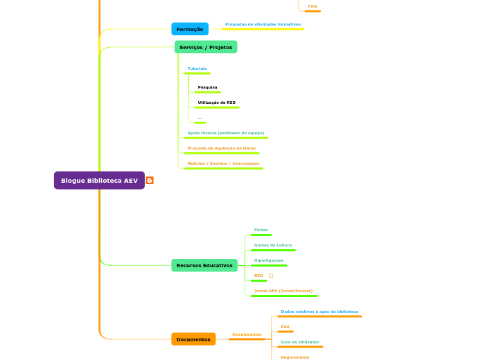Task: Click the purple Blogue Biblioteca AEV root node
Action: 99,181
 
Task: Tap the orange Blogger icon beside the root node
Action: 150,181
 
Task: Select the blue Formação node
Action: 190,29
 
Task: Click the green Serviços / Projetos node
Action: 205,47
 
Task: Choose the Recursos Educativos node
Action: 204,265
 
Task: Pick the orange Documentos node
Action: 193,339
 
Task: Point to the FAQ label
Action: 313,6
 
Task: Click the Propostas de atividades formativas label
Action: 263,24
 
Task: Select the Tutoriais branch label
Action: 197,69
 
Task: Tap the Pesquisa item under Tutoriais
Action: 207,87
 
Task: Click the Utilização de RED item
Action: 216,102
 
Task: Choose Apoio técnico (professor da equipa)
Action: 226,133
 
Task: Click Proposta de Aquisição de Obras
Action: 222,148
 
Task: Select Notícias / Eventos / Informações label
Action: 223,163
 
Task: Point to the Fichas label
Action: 261,230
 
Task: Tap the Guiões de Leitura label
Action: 273,245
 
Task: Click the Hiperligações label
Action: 269,260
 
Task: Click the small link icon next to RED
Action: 271,276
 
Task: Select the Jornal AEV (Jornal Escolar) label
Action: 283,291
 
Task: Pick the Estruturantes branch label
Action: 247,334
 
